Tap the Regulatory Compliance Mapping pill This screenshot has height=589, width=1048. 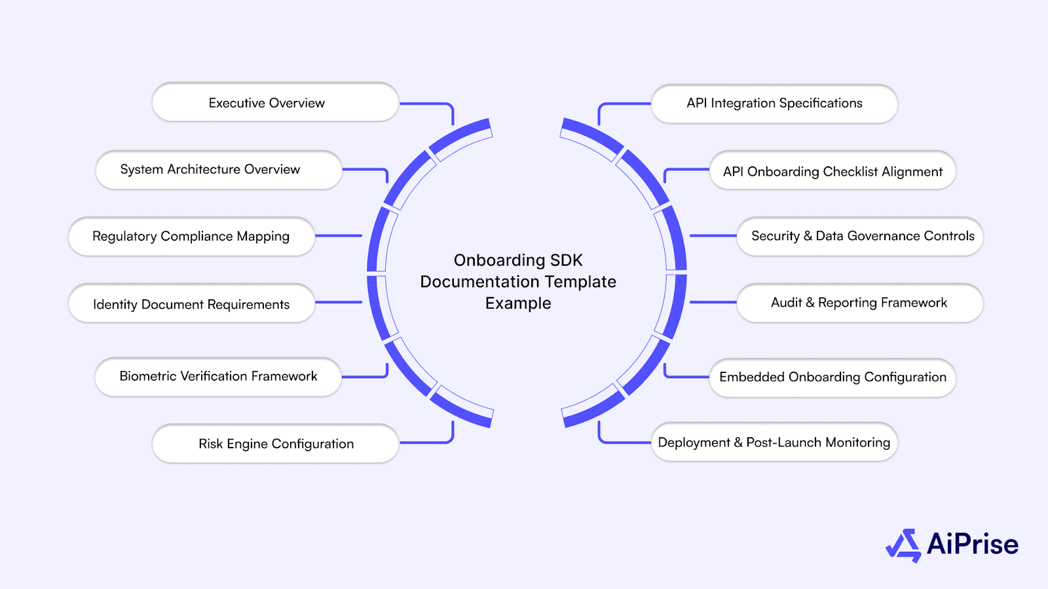click(191, 236)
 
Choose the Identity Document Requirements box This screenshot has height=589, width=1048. click(191, 304)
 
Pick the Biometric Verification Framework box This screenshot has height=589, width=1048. click(218, 376)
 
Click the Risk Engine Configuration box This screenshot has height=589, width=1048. click(276, 444)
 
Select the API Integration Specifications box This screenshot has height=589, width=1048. click(774, 103)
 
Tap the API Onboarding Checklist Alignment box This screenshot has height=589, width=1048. click(833, 171)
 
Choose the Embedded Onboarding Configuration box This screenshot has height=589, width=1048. click(833, 377)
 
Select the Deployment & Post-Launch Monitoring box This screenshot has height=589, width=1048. click(774, 442)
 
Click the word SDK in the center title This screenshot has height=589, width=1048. click(566, 260)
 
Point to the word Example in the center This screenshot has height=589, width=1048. click(518, 304)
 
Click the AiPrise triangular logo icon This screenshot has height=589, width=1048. click(904, 545)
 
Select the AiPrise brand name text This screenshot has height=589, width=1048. click(973, 544)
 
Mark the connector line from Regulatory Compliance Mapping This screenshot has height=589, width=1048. click(339, 236)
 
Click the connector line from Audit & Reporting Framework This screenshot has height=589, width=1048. click(713, 302)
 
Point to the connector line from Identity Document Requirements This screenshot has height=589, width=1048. click(339, 302)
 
